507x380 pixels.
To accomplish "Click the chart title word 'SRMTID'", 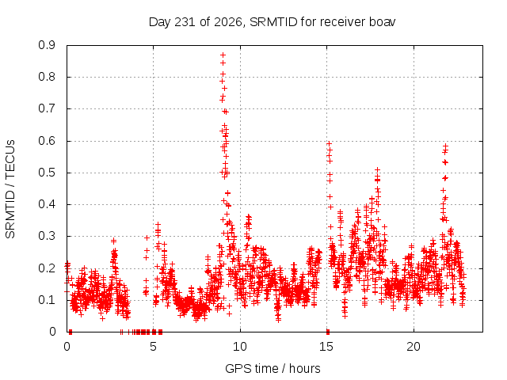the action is tap(273, 22).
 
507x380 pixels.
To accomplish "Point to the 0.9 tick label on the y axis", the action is tap(47, 45).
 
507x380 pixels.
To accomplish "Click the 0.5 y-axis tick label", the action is tap(47, 173).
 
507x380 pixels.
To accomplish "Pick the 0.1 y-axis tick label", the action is tap(47, 300).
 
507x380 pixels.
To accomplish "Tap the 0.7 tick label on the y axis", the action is tap(47, 108).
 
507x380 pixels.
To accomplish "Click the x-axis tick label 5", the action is tap(153, 347).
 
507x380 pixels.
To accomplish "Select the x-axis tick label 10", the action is tap(240, 347).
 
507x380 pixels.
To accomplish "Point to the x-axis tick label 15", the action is tap(326, 347).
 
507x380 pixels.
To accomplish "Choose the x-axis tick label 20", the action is tap(414, 347).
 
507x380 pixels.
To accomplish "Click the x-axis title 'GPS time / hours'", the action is tap(273, 368).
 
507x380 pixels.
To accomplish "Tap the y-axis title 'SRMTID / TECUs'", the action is tap(10, 189).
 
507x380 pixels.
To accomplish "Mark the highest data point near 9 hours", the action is tap(223, 55).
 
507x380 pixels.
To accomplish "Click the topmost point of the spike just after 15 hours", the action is tap(329, 143).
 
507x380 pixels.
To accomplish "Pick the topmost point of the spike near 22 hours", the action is tap(445, 146).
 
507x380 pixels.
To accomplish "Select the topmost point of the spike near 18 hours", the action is tap(377, 169).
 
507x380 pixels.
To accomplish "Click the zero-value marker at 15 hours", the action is tap(328, 332).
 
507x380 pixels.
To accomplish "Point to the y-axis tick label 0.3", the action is tap(47, 236).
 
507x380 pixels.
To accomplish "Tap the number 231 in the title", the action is tap(185, 22).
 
